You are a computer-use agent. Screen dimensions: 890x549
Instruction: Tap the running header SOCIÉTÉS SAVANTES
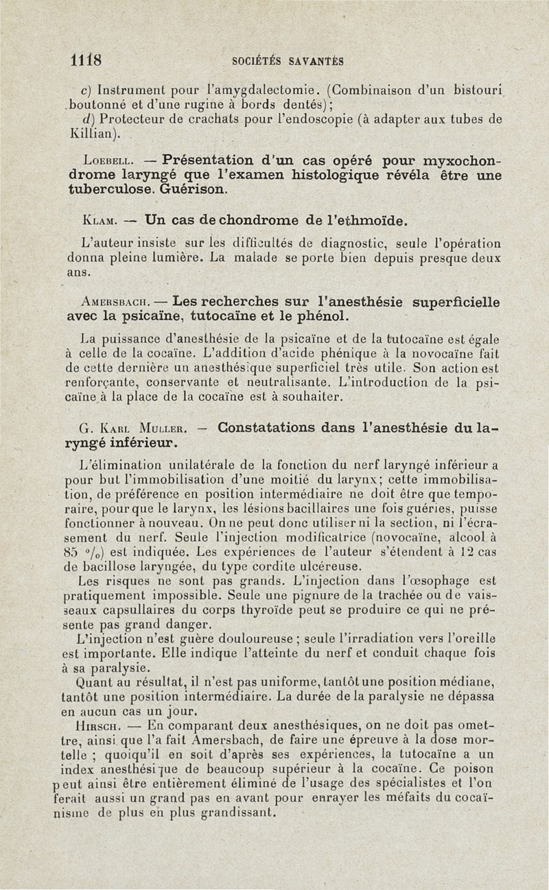click(x=288, y=60)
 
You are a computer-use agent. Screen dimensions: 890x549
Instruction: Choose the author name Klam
click(x=97, y=221)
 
